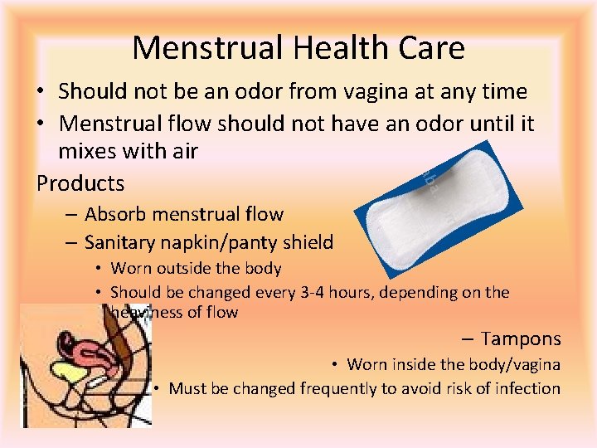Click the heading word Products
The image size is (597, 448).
click(x=80, y=183)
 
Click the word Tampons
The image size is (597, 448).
click(x=521, y=338)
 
